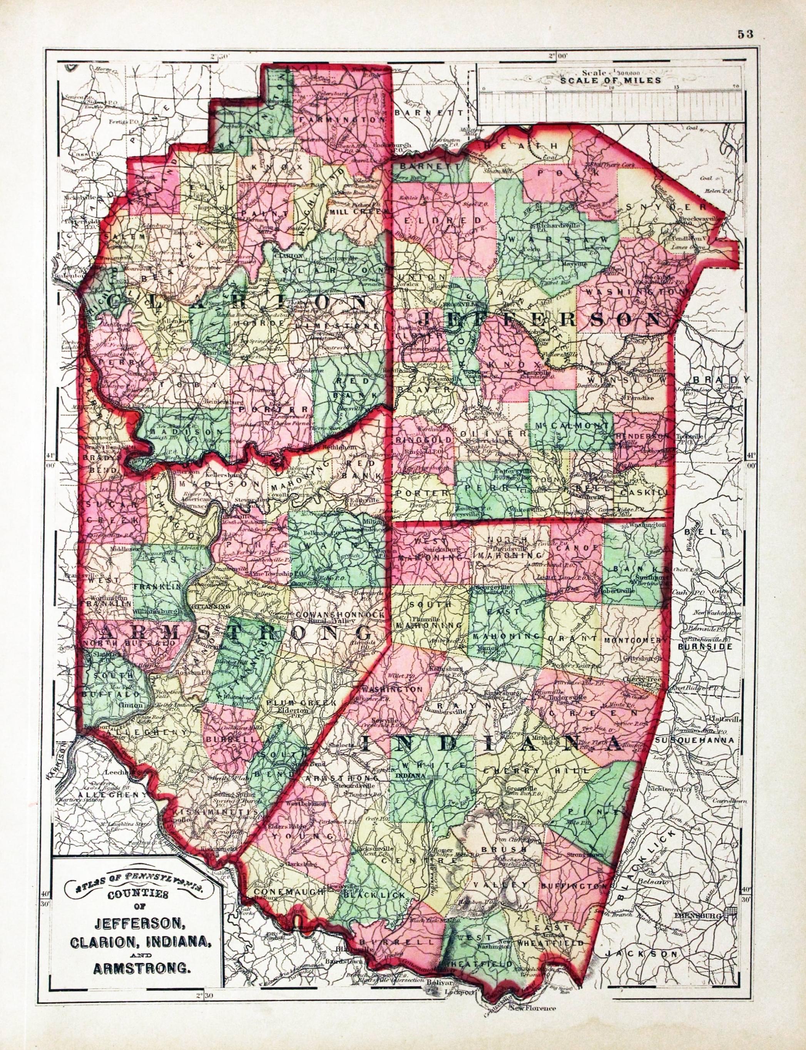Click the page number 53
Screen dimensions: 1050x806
(x=746, y=34)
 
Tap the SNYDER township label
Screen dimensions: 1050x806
(x=666, y=207)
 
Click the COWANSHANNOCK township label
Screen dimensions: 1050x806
(x=341, y=614)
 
